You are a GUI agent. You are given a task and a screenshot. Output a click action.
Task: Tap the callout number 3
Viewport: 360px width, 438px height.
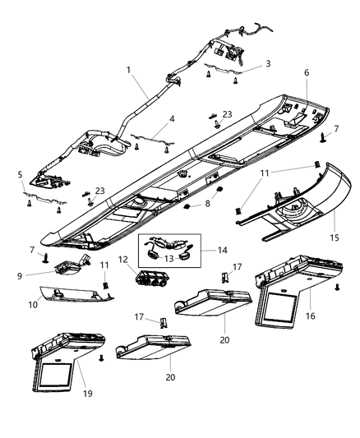[x=267, y=62]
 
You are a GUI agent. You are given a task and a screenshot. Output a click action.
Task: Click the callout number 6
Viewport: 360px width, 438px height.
[x=307, y=73]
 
